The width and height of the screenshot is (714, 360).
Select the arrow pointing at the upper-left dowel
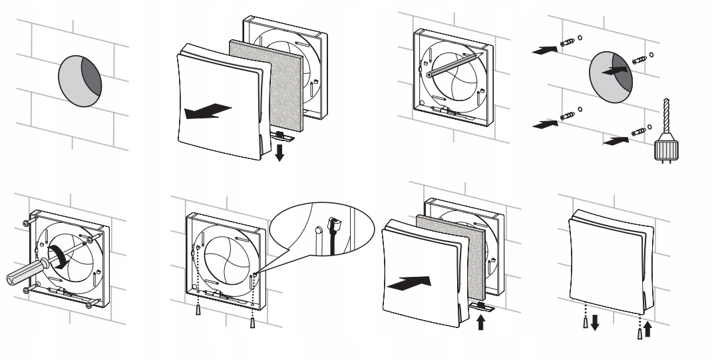544,48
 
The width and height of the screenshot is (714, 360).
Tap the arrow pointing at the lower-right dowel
614,140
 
